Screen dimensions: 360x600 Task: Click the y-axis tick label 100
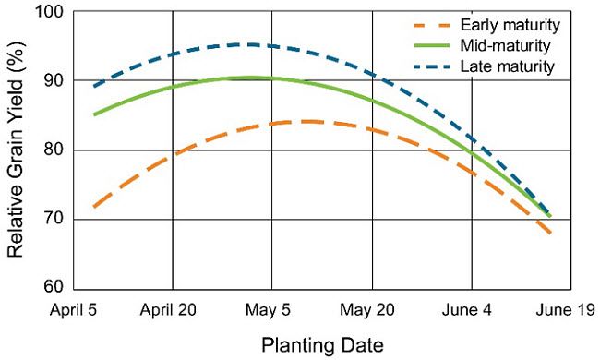click(49, 12)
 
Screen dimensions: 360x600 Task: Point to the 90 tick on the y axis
click(53, 81)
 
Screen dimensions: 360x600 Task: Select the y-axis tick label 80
click(53, 150)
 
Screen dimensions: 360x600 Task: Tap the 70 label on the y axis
click(53, 220)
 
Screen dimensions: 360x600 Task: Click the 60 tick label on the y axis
click(53, 288)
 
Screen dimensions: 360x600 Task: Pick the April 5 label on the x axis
click(73, 310)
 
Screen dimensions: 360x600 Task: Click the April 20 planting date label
click(172, 310)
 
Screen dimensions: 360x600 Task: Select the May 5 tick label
click(272, 310)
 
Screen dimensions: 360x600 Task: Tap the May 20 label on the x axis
click(372, 310)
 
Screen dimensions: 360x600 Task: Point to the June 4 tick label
click(472, 310)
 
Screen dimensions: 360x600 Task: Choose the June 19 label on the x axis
click(567, 310)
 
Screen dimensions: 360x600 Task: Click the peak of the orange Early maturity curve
click(305, 121)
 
